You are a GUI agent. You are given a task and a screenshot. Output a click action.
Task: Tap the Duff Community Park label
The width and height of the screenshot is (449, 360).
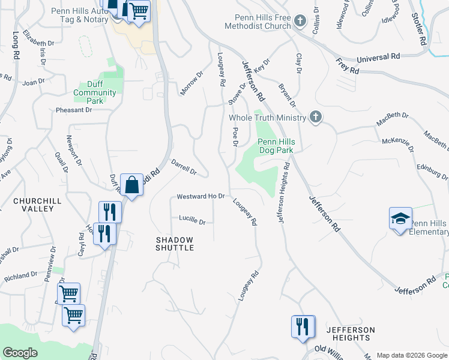[95, 93]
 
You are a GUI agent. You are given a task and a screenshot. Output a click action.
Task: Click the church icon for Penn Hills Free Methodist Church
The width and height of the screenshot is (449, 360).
[300, 22]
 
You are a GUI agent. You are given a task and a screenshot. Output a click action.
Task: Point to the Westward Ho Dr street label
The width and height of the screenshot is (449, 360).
[200, 197]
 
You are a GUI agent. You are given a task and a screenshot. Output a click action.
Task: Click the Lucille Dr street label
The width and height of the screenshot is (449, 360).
[192, 221]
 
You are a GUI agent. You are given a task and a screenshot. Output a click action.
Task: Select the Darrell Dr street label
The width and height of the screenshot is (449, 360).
[184, 167]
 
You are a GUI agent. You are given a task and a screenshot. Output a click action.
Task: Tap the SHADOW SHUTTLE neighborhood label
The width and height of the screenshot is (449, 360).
[175, 243]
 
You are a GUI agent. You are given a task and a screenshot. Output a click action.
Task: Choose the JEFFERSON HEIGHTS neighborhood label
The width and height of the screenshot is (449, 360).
[351, 334]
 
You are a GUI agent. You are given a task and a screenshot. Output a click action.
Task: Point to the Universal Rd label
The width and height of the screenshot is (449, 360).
[378, 58]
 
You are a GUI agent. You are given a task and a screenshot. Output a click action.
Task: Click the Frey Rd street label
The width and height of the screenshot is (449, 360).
[348, 67]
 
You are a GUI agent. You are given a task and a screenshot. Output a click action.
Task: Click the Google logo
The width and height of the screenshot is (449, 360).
[20, 353]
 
